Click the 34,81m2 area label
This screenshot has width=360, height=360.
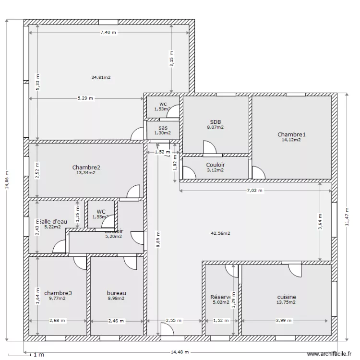tap(101, 77)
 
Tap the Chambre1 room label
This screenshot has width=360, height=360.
tap(291, 135)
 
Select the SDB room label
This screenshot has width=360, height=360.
tap(216, 122)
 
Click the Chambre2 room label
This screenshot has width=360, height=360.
tap(86, 168)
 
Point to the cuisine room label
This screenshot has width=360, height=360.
tap(286, 297)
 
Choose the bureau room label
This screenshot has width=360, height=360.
tap(116, 293)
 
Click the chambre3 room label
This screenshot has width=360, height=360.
tap(58, 293)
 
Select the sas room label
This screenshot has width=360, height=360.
tap(163, 128)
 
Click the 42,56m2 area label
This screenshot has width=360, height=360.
tap(220, 233)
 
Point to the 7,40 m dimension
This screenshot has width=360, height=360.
tap(108, 32)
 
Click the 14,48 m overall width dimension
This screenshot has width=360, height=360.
tap(180, 352)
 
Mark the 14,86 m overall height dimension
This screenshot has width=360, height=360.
tap(7, 180)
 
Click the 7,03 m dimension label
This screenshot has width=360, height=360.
tap(255, 191)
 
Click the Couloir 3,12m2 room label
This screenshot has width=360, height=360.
tap(216, 165)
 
